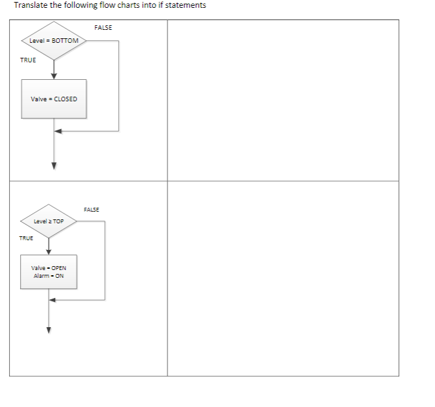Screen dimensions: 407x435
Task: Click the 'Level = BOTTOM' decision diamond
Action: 54,41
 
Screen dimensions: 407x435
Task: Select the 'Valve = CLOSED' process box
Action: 54,99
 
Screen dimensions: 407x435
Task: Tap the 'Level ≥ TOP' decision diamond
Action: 49,221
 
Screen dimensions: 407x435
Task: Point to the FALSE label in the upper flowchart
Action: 103,27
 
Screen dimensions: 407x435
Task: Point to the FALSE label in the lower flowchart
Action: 92,209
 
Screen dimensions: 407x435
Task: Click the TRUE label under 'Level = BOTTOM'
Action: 29,60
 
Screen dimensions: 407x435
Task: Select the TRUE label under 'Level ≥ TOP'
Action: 26,238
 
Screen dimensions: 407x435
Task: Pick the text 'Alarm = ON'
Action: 49,275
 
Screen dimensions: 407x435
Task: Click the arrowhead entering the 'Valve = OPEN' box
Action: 49,252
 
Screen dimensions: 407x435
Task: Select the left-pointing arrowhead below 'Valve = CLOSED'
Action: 58,131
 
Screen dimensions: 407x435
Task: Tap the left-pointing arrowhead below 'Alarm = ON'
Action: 53,300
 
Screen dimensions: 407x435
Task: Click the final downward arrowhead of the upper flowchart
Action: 54,165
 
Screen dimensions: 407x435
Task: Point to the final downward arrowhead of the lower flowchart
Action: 49,328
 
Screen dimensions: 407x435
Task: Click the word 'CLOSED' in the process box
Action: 65,99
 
